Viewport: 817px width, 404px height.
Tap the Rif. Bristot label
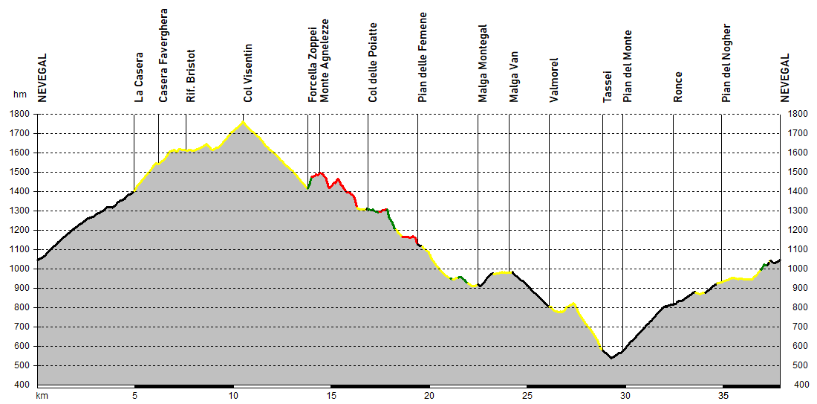[191, 76]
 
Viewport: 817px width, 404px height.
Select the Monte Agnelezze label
[325, 60]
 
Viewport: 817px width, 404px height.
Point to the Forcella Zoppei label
[313, 65]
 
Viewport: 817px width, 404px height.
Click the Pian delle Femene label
[423, 57]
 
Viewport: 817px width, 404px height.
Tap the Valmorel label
[554, 80]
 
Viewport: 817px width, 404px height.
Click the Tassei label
[608, 86]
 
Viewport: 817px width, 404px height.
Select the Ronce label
[678, 86]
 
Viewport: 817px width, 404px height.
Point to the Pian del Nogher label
[726, 63]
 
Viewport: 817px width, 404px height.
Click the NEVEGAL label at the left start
[42, 77]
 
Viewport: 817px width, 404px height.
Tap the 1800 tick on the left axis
[20, 115]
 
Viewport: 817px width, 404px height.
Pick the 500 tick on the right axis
[796, 366]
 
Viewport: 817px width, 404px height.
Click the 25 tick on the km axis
[527, 396]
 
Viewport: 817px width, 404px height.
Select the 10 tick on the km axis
[233, 396]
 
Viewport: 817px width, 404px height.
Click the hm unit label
[19, 94]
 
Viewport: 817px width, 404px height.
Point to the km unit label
[42, 396]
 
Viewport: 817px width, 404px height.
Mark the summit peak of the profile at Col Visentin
[244, 122]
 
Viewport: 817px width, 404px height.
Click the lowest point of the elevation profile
[611, 358]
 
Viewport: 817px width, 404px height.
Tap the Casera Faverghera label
[163, 55]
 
